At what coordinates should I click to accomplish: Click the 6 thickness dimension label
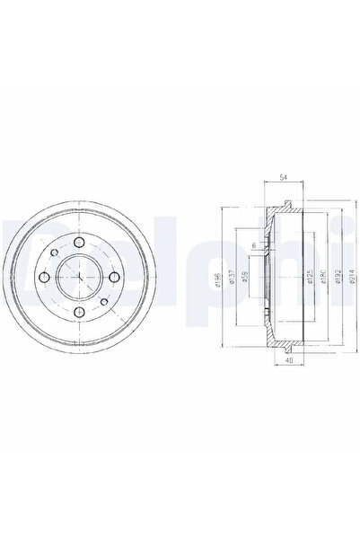click(x=254, y=246)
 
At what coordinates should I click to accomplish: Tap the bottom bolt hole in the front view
click(x=80, y=312)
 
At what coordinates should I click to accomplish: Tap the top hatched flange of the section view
click(x=285, y=209)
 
